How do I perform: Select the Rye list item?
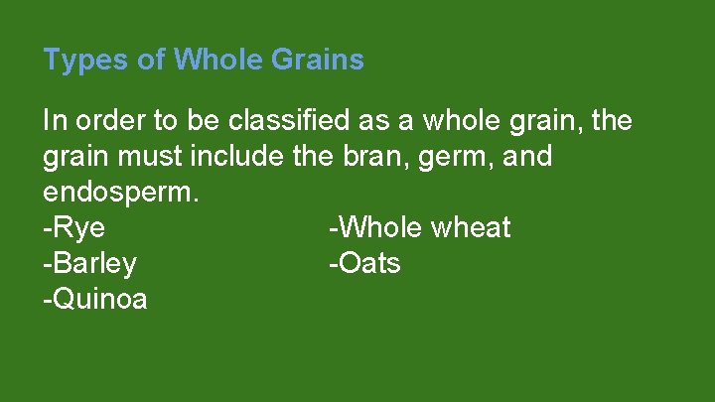pyautogui.click(x=74, y=228)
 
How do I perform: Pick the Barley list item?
pyautogui.click(x=90, y=264)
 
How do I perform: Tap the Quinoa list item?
pyautogui.click(x=95, y=299)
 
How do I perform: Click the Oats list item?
pyautogui.click(x=364, y=264)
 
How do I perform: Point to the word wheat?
pyautogui.click(x=470, y=228)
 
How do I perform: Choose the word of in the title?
pyautogui.click(x=152, y=61)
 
